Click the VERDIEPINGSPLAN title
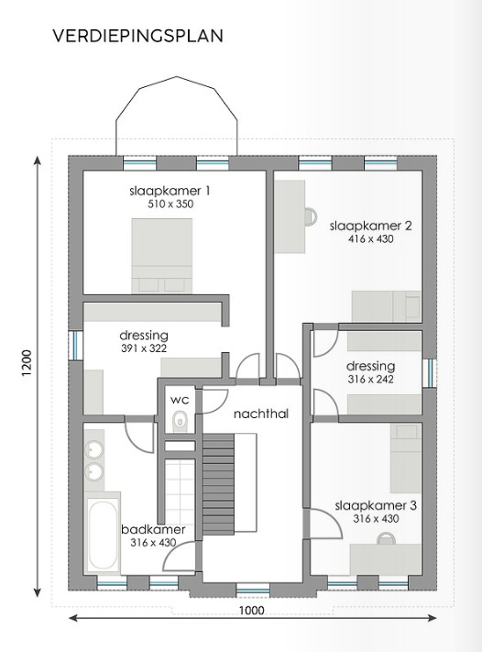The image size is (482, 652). pyautogui.click(x=138, y=36)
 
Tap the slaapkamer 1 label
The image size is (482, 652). pyautogui.click(x=170, y=191)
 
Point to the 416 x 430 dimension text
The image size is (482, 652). pyautogui.click(x=370, y=239)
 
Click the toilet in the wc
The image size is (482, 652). pyautogui.click(x=180, y=420)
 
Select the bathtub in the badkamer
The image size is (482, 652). pyautogui.click(x=103, y=536)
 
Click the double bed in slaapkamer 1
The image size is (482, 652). pyautogui.click(x=162, y=256)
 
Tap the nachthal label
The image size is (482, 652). pyautogui.click(x=261, y=414)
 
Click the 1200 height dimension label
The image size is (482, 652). pyautogui.click(x=27, y=363)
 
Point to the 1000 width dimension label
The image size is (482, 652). pyautogui.click(x=251, y=610)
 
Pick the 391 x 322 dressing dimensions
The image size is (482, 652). pyautogui.click(x=144, y=348)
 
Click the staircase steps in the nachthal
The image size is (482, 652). pyautogui.click(x=219, y=483)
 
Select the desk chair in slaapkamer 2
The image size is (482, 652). pyautogui.click(x=311, y=216)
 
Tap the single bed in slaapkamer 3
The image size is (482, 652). pyautogui.click(x=406, y=459)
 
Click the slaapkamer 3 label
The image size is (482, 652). pyautogui.click(x=376, y=505)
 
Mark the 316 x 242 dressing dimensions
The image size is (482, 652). pyautogui.click(x=370, y=380)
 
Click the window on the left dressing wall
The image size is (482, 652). pyautogui.click(x=76, y=345)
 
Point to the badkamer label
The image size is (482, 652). pyautogui.click(x=153, y=529)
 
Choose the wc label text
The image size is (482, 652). pyautogui.click(x=180, y=400)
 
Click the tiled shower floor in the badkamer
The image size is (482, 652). pyautogui.click(x=180, y=492)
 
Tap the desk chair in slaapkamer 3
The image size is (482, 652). pyautogui.click(x=387, y=538)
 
